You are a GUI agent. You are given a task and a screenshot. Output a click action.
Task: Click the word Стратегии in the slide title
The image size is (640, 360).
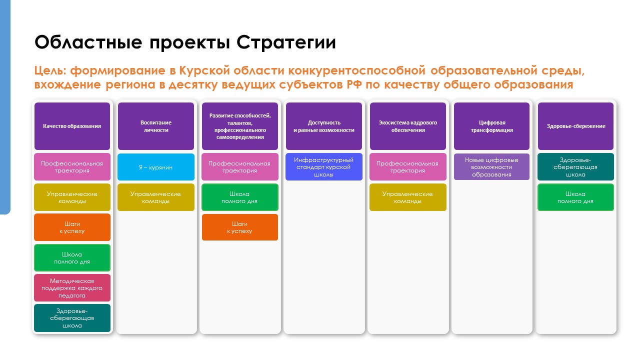click(x=286, y=42)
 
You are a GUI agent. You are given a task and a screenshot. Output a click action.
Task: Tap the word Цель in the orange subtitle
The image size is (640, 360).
click(x=50, y=71)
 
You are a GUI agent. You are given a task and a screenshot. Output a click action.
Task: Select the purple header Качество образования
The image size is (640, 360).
click(x=72, y=126)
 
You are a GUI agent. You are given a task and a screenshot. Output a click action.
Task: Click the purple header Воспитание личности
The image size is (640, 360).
click(x=156, y=126)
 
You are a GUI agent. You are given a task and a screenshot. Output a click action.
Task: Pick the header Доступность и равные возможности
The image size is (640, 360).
click(x=324, y=126)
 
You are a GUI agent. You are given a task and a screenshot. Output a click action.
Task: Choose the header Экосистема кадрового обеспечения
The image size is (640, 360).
click(x=408, y=126)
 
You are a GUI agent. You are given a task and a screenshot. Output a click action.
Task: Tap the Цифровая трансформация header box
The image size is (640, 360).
click(x=491, y=126)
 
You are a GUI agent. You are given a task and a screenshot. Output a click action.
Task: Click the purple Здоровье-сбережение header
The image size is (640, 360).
click(x=575, y=126)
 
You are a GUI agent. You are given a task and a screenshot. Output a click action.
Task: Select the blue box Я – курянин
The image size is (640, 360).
click(x=156, y=167)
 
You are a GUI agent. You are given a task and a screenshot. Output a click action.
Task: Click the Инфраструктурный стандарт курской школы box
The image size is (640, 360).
click(x=324, y=167)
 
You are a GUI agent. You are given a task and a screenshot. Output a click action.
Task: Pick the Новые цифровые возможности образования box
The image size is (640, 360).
click(x=491, y=167)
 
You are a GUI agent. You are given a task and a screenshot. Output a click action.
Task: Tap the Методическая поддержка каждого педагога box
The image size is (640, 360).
click(x=72, y=287)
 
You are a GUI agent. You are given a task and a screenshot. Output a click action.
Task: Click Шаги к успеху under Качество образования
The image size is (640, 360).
click(x=72, y=227)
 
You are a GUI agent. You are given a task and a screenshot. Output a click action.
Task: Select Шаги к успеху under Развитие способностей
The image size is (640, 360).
click(x=239, y=227)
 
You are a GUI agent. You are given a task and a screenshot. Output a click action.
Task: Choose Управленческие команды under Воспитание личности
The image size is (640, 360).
click(x=156, y=197)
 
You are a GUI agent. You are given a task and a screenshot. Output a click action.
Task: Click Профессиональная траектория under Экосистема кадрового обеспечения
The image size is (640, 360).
click(x=408, y=167)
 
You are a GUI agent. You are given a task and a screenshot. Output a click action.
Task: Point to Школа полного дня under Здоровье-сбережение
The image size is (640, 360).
click(x=575, y=197)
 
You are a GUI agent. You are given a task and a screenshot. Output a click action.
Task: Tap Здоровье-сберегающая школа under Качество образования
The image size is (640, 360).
click(x=72, y=318)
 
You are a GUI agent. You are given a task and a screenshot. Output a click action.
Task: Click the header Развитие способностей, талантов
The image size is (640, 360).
click(x=239, y=126)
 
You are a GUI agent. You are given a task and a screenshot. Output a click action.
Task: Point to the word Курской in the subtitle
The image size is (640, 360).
click(x=204, y=70)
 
